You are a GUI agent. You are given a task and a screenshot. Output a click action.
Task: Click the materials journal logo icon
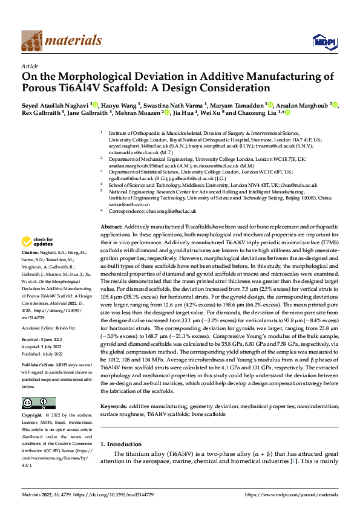[x=33, y=41]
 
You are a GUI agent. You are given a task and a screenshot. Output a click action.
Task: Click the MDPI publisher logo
[x=320, y=41]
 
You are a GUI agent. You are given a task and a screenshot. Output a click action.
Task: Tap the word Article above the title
[x=29, y=66]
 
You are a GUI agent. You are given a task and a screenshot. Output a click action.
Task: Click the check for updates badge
[x=38, y=241]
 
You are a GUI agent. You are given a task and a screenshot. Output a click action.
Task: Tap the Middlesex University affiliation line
[x=212, y=185]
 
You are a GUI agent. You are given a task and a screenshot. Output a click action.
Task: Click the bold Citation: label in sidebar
[x=30, y=251]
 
